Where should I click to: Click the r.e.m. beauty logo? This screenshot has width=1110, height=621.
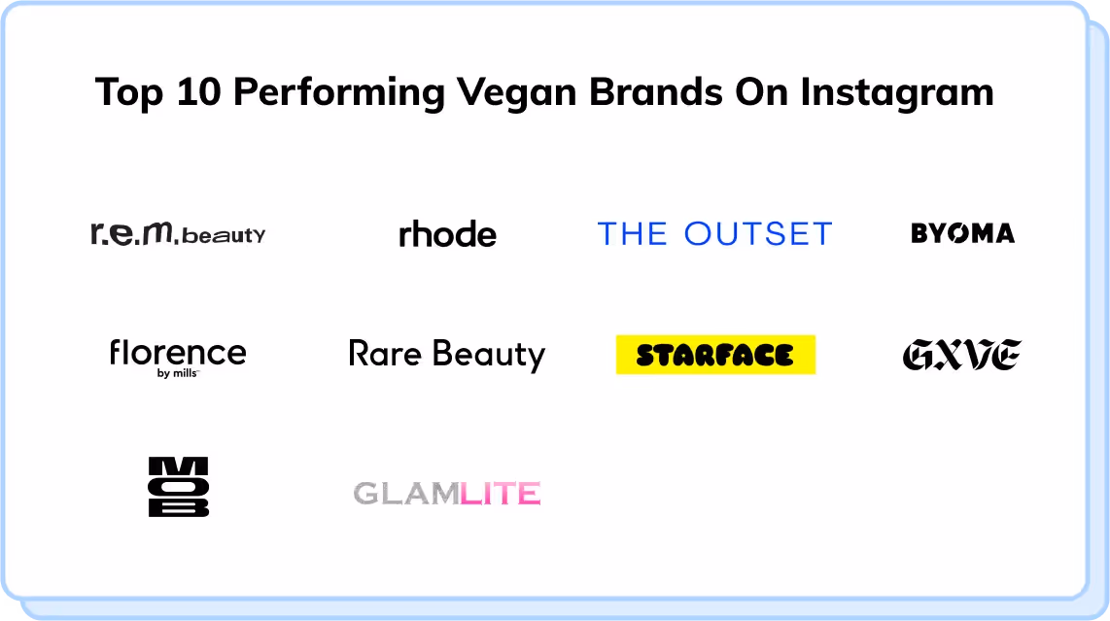(x=177, y=233)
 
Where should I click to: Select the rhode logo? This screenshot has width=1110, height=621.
(x=447, y=234)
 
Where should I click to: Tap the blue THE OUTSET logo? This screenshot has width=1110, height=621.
(x=714, y=234)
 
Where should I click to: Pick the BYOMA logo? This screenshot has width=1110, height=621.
(x=962, y=233)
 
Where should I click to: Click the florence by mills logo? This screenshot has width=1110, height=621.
(x=178, y=354)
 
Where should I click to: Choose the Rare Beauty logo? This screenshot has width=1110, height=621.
(x=447, y=354)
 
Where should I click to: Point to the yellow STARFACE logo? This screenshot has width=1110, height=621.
(x=715, y=355)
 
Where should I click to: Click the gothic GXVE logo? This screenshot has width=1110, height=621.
(x=961, y=355)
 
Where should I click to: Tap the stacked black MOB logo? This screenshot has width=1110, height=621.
(x=178, y=487)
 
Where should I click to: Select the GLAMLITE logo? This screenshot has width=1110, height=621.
(x=447, y=494)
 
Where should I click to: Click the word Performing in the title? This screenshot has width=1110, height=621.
(x=339, y=93)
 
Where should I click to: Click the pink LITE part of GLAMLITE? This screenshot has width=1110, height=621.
(x=500, y=494)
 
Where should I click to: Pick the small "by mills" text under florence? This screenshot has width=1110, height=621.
(x=177, y=372)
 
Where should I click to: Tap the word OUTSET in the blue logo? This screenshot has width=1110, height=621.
(x=758, y=234)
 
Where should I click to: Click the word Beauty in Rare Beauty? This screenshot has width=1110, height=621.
(x=489, y=354)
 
